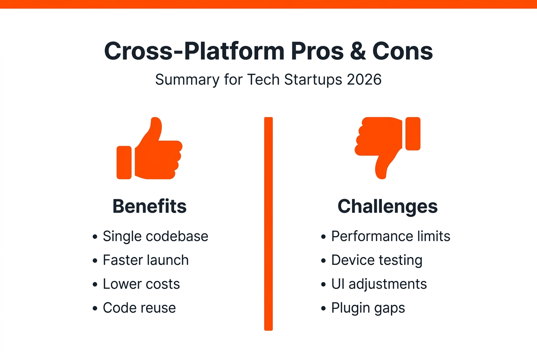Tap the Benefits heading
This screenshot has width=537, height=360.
click(150, 206)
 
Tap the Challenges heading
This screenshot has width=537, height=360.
click(387, 206)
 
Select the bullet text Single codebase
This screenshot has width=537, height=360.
click(155, 236)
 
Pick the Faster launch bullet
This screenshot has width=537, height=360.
click(146, 260)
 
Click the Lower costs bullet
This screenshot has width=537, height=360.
click(141, 284)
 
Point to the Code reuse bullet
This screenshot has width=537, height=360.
click(139, 308)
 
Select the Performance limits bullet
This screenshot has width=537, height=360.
click(390, 236)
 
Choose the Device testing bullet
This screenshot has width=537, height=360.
click(377, 260)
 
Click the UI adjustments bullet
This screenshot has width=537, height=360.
click(379, 284)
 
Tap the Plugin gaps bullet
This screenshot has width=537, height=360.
click(368, 308)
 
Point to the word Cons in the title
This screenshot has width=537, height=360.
click(403, 51)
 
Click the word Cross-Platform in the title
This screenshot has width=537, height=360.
click(194, 51)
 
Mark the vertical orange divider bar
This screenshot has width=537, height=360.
click(268, 224)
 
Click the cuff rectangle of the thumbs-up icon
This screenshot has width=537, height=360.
click(124, 163)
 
